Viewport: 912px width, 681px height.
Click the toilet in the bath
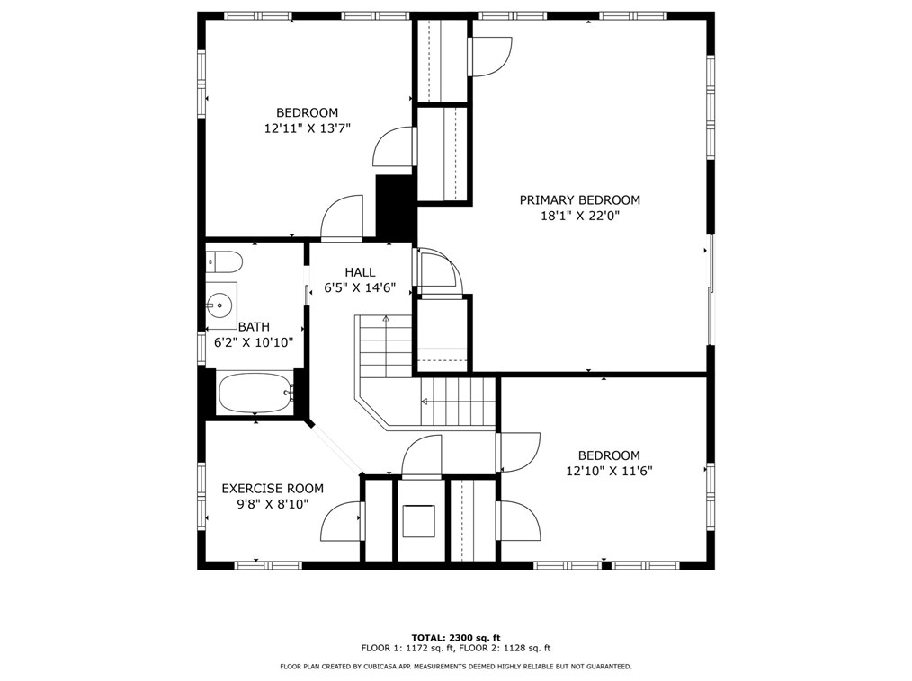coord(224,262)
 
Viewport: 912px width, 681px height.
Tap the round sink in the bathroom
coord(219,304)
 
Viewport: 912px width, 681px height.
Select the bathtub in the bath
coord(256,393)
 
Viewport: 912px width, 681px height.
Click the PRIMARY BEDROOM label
coord(579,199)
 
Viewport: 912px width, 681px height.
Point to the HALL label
coord(360,272)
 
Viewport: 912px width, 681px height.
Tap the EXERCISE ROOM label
coord(273,489)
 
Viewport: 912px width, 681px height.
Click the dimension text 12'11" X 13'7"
coord(307,128)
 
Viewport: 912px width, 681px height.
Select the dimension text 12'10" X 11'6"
coord(609,471)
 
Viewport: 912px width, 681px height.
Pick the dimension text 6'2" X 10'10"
coord(254,342)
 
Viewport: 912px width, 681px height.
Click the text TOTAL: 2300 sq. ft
coord(456,637)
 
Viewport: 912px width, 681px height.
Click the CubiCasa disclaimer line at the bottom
coord(456,667)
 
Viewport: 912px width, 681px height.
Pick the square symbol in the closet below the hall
coord(418,521)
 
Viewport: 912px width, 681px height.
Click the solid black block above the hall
coord(396,207)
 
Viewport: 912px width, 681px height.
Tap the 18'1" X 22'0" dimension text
coord(580,217)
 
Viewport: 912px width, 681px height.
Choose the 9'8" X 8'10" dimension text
coord(273,504)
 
